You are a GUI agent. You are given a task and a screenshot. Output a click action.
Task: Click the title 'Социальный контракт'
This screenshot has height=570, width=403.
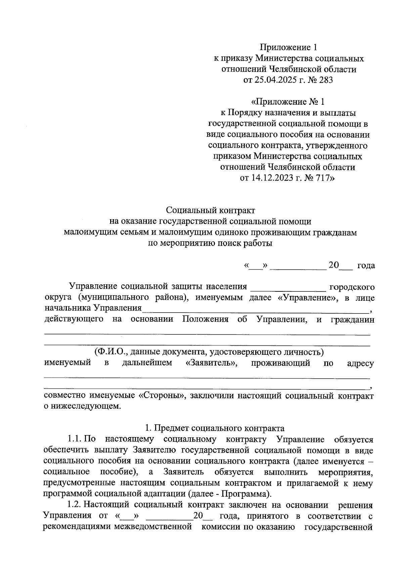click(211, 210)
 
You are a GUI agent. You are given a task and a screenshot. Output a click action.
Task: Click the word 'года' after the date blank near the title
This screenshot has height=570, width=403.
click(366, 266)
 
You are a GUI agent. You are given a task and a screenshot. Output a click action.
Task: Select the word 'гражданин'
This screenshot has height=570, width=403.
click(352, 319)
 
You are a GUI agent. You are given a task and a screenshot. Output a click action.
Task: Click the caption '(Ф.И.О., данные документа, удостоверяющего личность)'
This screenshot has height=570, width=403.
click(209, 352)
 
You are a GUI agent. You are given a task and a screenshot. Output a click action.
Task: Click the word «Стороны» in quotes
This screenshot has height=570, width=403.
click(163, 396)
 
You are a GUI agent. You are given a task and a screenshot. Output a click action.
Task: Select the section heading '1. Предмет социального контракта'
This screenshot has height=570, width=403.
click(215, 428)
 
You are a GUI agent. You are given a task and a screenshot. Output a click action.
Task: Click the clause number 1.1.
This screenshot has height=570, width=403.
click(75, 439)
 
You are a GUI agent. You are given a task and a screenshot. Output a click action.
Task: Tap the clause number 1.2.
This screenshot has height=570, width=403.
click(75, 505)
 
